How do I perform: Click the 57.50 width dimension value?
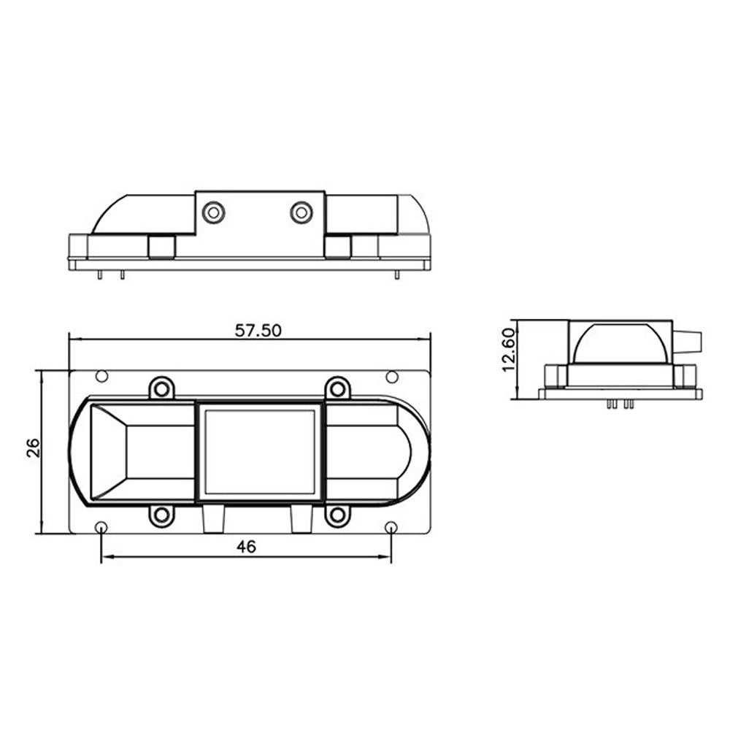(258, 330)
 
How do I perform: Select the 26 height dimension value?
(33, 447)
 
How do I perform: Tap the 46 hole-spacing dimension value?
(247, 547)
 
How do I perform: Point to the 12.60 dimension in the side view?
(509, 349)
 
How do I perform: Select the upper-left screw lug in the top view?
(162, 387)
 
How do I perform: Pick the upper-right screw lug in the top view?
(337, 387)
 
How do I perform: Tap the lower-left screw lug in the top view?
(162, 515)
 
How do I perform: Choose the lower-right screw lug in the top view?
(337, 515)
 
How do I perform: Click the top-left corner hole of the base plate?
(101, 377)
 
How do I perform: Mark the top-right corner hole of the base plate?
(392, 377)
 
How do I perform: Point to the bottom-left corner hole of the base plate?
(101, 527)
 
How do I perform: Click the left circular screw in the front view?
(213, 212)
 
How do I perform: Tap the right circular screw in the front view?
(301, 212)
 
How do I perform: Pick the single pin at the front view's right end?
(396, 275)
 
